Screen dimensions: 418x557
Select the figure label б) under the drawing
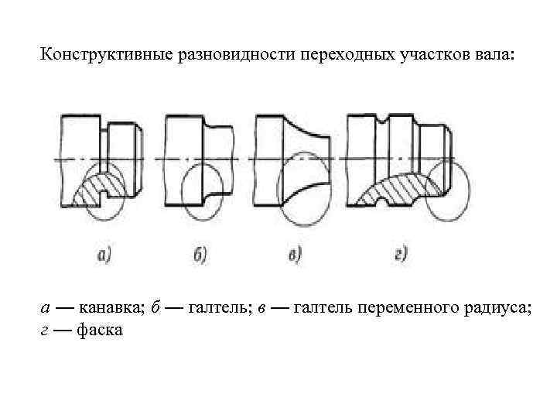198,255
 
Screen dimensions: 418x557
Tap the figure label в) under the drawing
295,255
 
